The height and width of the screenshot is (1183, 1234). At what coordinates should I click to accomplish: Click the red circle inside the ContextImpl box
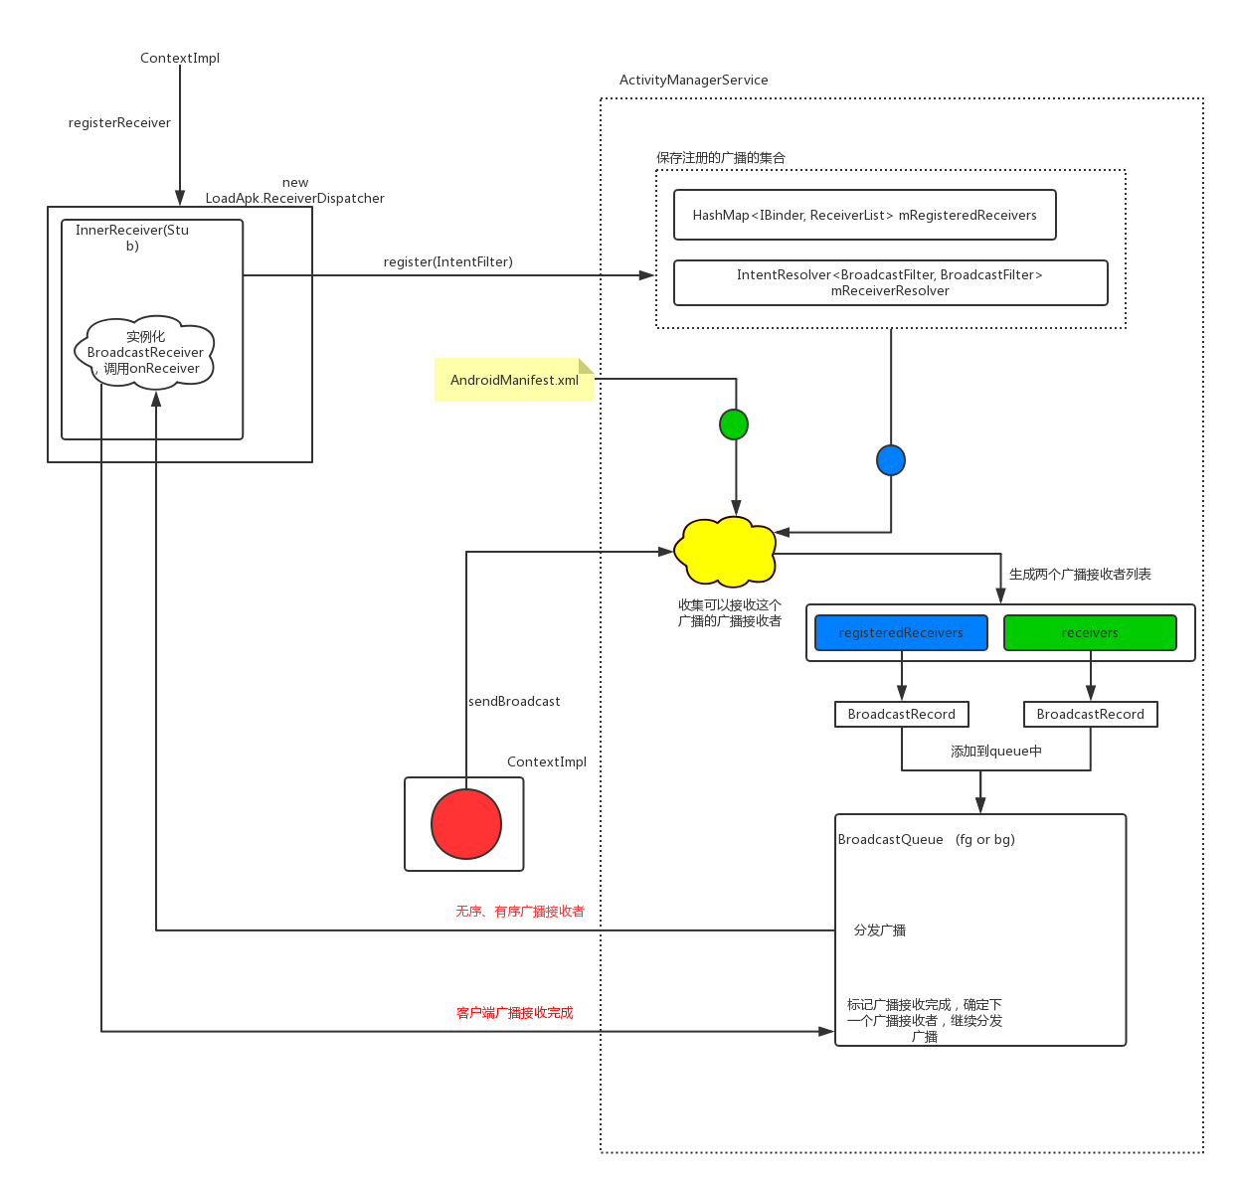(x=465, y=824)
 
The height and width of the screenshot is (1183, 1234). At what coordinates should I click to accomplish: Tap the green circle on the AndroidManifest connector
(x=734, y=424)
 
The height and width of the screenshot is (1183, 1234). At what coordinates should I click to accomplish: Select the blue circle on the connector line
(x=891, y=460)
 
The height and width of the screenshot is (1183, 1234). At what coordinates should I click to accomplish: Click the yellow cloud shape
(x=726, y=551)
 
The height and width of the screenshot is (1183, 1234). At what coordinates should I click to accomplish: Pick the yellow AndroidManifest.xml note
(x=514, y=380)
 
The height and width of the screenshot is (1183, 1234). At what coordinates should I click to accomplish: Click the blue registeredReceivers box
(x=901, y=632)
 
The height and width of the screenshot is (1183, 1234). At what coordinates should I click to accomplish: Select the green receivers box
(x=1090, y=632)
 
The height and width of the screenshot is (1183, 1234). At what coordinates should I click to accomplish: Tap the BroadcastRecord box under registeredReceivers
(x=901, y=714)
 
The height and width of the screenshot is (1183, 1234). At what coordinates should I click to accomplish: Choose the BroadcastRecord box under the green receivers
(x=1090, y=714)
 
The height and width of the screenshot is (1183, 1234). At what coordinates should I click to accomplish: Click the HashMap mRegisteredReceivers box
(x=864, y=215)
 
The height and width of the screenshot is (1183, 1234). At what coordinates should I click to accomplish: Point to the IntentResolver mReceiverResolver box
(x=890, y=282)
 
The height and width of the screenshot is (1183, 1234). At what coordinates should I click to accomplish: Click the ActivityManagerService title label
(x=693, y=80)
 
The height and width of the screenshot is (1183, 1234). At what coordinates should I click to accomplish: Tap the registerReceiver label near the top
(x=119, y=122)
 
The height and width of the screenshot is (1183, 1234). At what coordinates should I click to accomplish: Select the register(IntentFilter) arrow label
(x=448, y=261)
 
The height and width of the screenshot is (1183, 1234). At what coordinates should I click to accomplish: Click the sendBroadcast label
(x=514, y=701)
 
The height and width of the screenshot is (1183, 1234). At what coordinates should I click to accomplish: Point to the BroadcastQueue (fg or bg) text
(x=926, y=839)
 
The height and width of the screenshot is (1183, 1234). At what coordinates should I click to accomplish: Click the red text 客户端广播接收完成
(x=514, y=1012)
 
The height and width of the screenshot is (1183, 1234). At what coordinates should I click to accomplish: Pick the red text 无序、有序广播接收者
(x=520, y=911)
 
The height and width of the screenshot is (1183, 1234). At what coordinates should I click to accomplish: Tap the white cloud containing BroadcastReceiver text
(x=145, y=352)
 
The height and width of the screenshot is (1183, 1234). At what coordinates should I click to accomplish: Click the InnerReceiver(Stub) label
(x=132, y=237)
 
